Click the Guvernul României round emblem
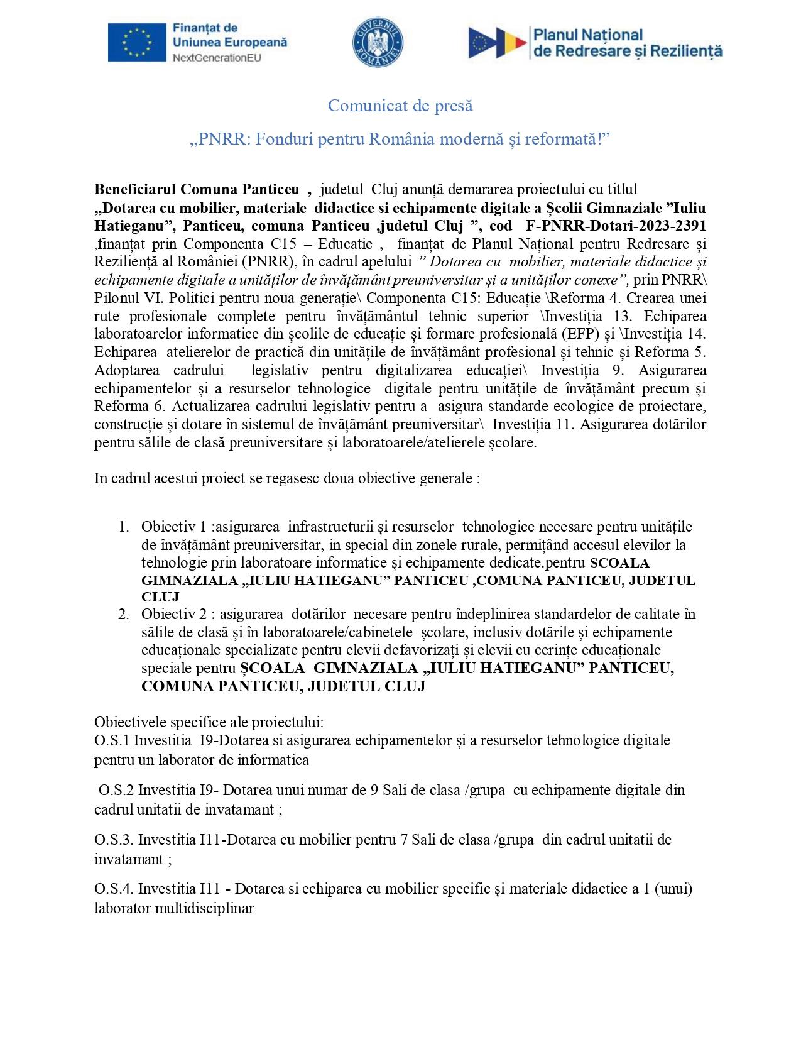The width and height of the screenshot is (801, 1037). point(377,43)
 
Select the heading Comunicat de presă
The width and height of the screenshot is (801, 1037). point(400,106)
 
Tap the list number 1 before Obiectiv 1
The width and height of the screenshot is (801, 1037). point(124,526)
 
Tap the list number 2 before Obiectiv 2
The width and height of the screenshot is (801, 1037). point(124,613)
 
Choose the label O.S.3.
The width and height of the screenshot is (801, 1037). point(114,840)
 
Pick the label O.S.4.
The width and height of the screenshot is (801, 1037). point(114,889)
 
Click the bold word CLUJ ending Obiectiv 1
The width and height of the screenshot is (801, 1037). point(161,596)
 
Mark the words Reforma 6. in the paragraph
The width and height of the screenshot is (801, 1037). point(128,405)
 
